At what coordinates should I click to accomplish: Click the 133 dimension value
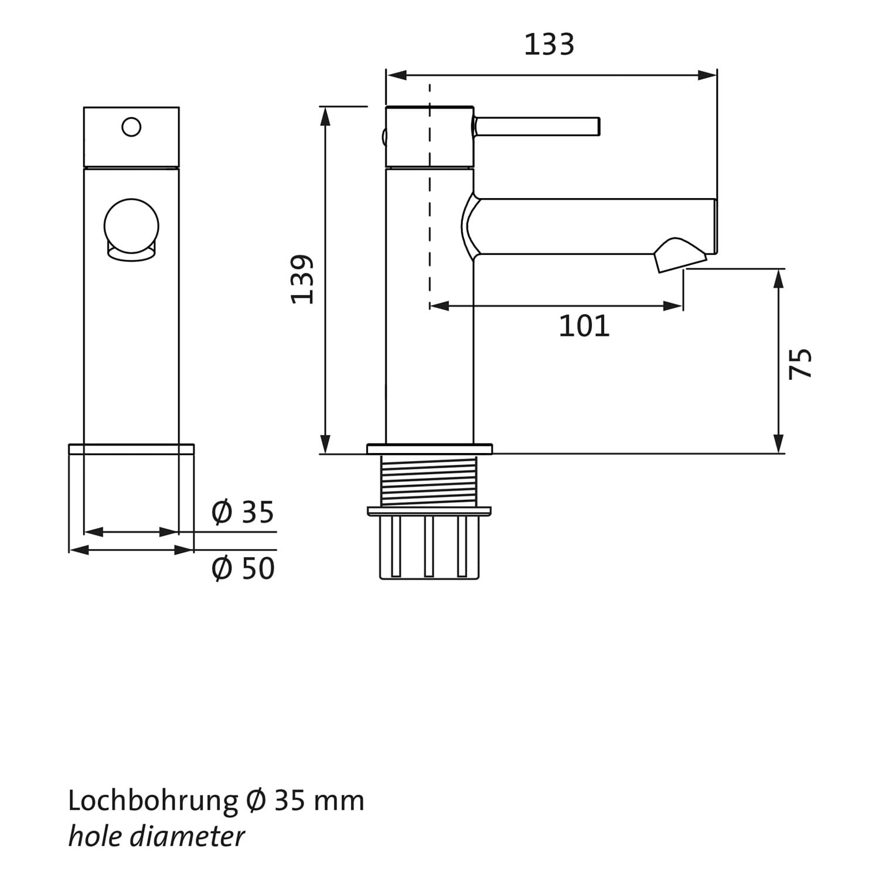548,45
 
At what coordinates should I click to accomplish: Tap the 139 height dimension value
303,279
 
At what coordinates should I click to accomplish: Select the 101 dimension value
584,326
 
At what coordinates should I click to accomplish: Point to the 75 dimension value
800,363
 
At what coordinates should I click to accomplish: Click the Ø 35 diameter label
243,512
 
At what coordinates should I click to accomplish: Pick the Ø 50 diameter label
243,568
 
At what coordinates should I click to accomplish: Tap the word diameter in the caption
187,837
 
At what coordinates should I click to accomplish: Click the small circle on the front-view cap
131,127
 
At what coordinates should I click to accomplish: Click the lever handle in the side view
537,127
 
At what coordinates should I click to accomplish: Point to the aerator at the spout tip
680,254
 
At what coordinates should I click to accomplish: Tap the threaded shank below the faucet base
429,481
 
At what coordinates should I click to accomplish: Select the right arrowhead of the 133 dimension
707,75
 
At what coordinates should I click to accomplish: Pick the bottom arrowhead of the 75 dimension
779,444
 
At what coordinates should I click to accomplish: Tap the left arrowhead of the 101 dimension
439,306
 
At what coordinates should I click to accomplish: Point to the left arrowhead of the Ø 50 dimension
79,550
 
